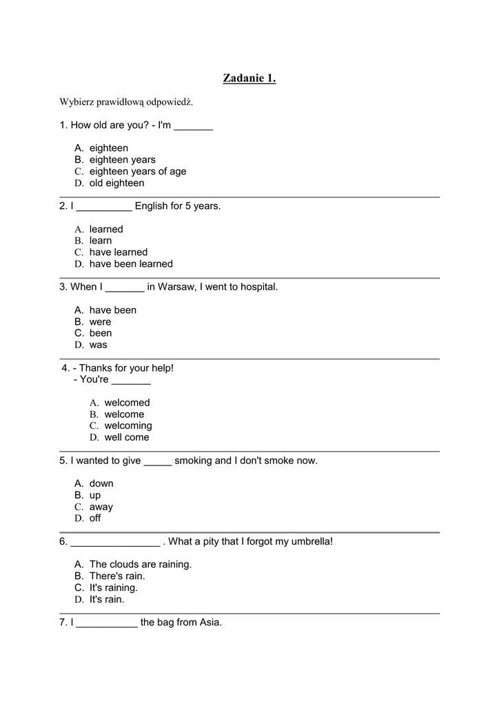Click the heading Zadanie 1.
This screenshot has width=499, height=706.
coord(249,79)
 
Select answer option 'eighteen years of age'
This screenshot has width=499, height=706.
coord(137,172)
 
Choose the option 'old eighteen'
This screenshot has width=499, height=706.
coord(116,183)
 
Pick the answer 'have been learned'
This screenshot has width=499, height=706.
coord(131,264)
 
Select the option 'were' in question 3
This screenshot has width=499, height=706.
coord(100,322)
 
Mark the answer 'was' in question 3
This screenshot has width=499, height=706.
coord(98,345)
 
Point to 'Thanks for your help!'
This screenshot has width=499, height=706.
coord(126,368)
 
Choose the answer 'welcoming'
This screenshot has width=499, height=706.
coord(128,426)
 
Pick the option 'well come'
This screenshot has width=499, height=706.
coord(126,438)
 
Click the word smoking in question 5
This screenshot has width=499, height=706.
coord(194,461)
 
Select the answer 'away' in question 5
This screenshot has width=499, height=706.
coord(101,507)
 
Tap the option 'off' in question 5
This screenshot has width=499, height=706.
coord(95,518)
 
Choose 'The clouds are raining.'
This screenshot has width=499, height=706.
coord(140,565)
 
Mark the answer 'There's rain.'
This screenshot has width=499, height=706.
coord(116,576)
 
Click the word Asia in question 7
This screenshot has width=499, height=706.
coord(210,623)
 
